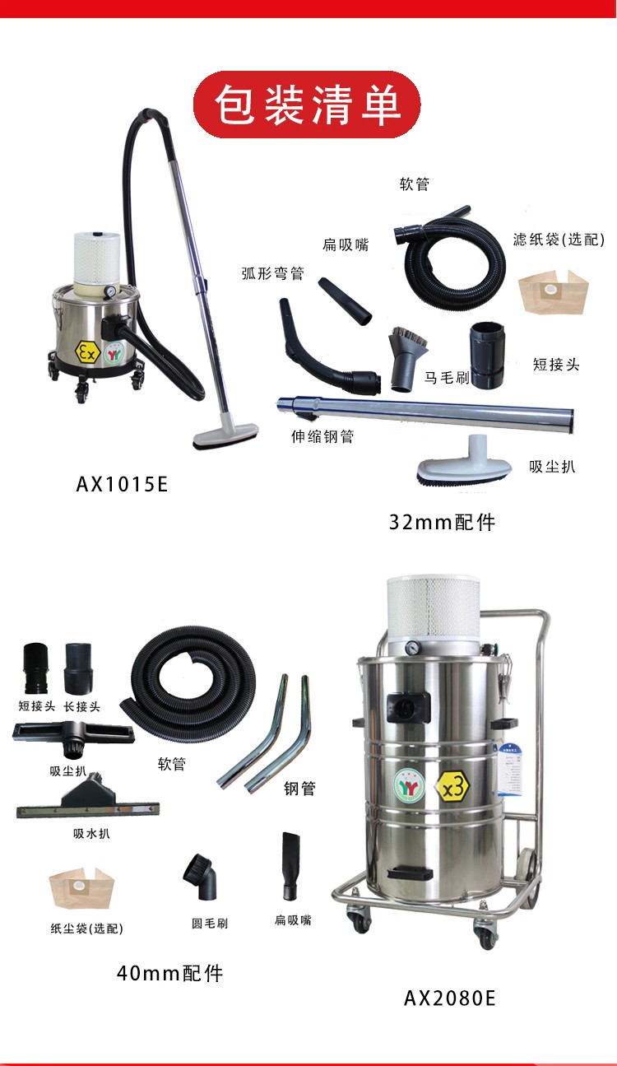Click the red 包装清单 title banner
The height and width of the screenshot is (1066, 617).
click(307, 105)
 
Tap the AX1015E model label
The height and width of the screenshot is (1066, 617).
click(122, 485)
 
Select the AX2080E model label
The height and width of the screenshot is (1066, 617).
click(449, 998)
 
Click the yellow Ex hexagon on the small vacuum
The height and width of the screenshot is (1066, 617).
click(87, 352)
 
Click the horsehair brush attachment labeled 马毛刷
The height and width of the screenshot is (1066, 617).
click(406, 357)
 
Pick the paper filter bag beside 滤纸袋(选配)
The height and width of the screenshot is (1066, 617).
click(554, 291)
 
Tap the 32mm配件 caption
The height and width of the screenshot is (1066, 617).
click(442, 522)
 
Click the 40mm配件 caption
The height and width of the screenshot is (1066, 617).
click(169, 973)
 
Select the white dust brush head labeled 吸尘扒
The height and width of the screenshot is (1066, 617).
click(464, 464)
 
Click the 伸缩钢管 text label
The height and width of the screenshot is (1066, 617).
click(322, 436)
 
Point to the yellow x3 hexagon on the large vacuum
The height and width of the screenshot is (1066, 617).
click(452, 788)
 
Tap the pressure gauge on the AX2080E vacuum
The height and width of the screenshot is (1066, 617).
click(412, 648)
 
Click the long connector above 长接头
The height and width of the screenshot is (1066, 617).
click(78, 668)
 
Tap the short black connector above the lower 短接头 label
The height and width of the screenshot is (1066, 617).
click(35, 668)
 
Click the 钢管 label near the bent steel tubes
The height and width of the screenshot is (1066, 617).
click(299, 789)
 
